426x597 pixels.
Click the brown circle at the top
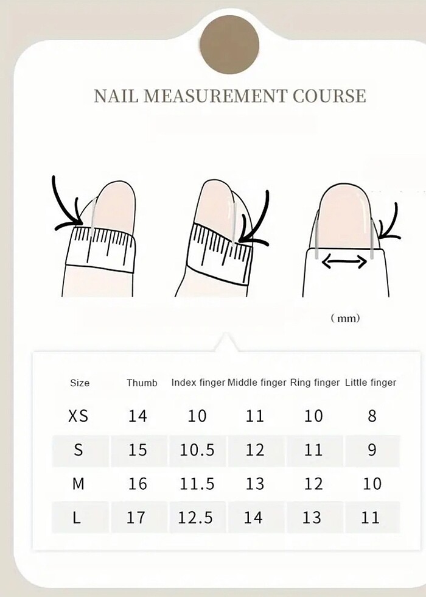[x=229, y=44]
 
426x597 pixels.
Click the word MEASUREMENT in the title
[x=215, y=96]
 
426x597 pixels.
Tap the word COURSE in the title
[x=329, y=96]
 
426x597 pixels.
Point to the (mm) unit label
[x=345, y=318]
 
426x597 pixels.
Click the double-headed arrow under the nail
[x=344, y=261]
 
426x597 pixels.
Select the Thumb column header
[x=142, y=383]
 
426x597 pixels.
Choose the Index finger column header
[x=198, y=383]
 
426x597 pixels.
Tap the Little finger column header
[x=371, y=383]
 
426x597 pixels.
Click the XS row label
[x=79, y=415]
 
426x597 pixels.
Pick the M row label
[x=78, y=484]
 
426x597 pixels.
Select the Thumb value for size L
[x=136, y=517]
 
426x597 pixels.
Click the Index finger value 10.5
[x=197, y=450]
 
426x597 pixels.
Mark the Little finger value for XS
[x=372, y=415]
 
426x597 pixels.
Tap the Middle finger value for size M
[x=254, y=484]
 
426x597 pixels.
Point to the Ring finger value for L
[x=312, y=517]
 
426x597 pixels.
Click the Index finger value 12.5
[x=195, y=517]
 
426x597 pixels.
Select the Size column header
[x=80, y=383]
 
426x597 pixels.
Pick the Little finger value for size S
[x=372, y=450]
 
